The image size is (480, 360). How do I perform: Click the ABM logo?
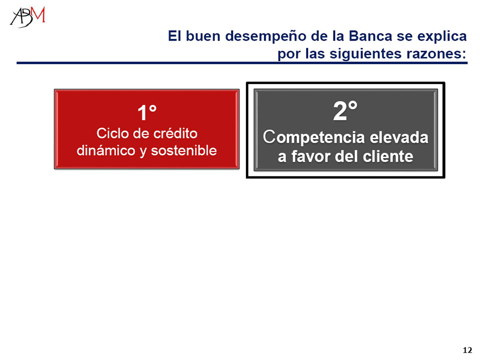pos(27,17)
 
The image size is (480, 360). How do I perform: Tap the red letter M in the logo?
pos(39,14)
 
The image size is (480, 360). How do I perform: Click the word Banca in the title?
pos(370,36)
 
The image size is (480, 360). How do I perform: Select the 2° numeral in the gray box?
pos(345,110)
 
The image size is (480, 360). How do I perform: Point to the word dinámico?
pos(106,150)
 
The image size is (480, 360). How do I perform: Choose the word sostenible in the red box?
pos(183,150)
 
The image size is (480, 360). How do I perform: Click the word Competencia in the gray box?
pos(314,137)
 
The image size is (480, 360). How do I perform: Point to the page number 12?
pos(467,350)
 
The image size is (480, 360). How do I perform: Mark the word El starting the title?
pos(174,36)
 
